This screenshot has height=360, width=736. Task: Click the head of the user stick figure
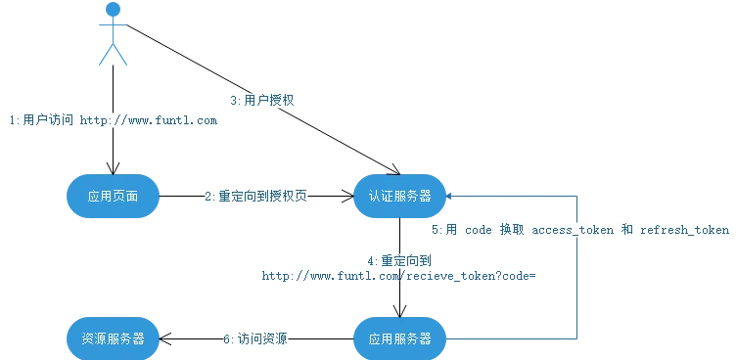pos(114,9)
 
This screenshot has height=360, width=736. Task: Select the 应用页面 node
pos(114,197)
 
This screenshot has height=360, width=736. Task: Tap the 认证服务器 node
pos(399,197)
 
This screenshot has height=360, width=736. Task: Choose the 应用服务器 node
pos(399,338)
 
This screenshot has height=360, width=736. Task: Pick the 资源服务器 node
pos(114,338)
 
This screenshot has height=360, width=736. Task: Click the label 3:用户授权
pos(262,100)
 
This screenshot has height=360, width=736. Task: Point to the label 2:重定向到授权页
pos(255,197)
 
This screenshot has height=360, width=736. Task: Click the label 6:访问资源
pos(255,338)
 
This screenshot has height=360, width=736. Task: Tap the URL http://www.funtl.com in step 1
pos(149,120)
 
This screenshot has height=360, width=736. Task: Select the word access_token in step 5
pos(573,230)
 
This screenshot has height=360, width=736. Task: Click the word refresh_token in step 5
pos(684,230)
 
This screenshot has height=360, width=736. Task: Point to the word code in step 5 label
pos(479,230)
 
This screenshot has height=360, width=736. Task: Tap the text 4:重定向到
pos(399,261)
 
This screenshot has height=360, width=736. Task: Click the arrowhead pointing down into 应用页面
pos(114,168)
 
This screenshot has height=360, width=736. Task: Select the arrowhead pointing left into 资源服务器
pos(165,338)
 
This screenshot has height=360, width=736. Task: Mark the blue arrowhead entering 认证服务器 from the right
pos(449,197)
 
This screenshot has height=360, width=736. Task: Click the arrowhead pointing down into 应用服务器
pos(399,311)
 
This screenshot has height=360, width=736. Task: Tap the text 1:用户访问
pos(42,120)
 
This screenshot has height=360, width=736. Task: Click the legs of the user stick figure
pos(114,54)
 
